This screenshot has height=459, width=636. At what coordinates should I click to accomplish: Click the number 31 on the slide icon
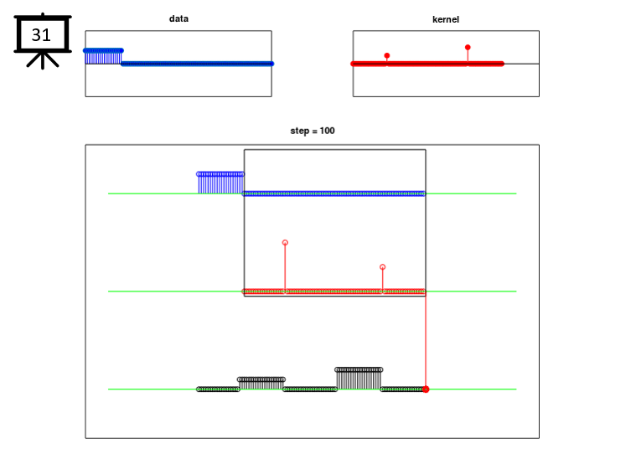(41, 35)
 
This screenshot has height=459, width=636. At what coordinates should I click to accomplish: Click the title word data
(178, 18)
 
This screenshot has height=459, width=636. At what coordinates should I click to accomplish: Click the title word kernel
(446, 19)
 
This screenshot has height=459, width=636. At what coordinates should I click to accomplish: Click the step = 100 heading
(313, 131)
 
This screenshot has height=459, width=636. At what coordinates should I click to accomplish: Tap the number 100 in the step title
(327, 131)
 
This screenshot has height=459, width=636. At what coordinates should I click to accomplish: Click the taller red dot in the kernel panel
(468, 48)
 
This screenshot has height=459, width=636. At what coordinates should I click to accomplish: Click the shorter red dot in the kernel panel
(387, 55)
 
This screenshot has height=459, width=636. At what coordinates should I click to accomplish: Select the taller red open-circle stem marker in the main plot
(285, 242)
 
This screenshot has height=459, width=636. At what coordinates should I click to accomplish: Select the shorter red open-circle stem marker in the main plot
(382, 267)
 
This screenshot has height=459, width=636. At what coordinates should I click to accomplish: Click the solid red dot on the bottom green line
(426, 389)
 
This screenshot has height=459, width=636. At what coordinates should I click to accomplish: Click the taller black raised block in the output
(359, 379)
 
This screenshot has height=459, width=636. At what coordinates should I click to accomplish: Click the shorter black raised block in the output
(261, 384)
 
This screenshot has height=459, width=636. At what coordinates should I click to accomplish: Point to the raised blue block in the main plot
(220, 183)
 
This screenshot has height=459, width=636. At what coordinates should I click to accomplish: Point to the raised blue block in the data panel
(103, 57)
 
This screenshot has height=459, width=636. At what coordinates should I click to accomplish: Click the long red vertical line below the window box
(426, 342)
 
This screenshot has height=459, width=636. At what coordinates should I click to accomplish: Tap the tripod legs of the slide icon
(43, 61)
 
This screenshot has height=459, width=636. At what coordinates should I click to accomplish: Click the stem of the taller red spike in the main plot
(285, 268)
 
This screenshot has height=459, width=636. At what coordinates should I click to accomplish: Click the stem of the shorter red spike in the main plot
(382, 281)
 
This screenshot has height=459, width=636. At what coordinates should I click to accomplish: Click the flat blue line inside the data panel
(198, 64)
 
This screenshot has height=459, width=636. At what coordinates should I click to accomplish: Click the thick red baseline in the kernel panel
(427, 64)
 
